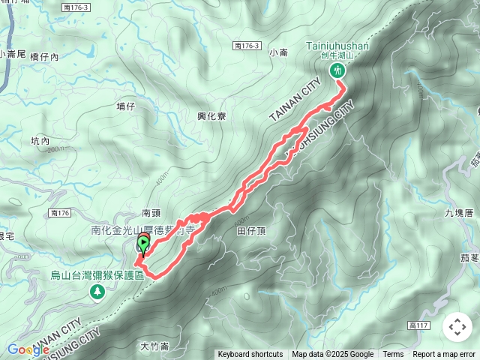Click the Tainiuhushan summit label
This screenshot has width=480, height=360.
click(x=337, y=46)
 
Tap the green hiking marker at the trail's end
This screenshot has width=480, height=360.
click(x=337, y=70)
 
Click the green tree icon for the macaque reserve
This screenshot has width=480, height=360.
click(x=97, y=291)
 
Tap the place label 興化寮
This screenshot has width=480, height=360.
click(x=211, y=116)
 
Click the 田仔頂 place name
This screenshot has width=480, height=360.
click(x=252, y=232)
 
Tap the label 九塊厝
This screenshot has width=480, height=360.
click(x=459, y=213)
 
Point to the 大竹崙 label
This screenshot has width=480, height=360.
click(x=154, y=346)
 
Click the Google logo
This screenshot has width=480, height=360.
click(x=28, y=349)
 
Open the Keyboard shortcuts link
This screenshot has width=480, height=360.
click(x=250, y=354)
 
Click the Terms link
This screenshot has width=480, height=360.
click(x=393, y=354)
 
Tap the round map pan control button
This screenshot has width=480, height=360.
click(x=457, y=327)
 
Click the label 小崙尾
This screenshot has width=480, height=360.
click(x=14, y=54)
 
